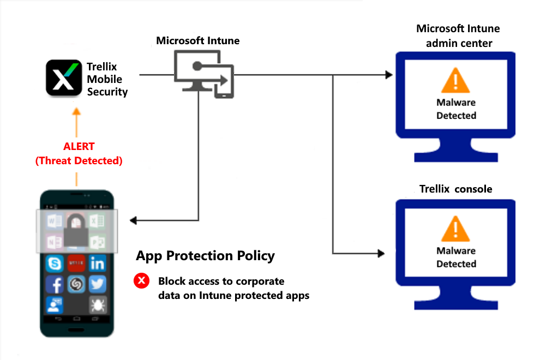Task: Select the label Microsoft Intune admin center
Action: pyautogui.click(x=458, y=35)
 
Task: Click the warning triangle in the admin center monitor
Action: pyautogui.click(x=456, y=82)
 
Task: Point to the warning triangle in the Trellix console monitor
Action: pyautogui.click(x=456, y=230)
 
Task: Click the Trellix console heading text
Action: pyautogui.click(x=455, y=189)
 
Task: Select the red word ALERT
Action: pyautogui.click(x=79, y=147)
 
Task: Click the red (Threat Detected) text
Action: pyautogui.click(x=79, y=160)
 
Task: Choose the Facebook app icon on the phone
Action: pyautogui.click(x=55, y=285)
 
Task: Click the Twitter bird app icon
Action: pyautogui.click(x=98, y=285)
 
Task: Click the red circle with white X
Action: pyautogui.click(x=141, y=281)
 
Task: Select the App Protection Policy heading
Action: pyautogui.click(x=205, y=256)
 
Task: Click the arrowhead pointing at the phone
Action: pyautogui.click(x=133, y=220)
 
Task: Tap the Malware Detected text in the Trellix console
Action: pyautogui.click(x=456, y=257)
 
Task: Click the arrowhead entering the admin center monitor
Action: pyautogui.click(x=388, y=75)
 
